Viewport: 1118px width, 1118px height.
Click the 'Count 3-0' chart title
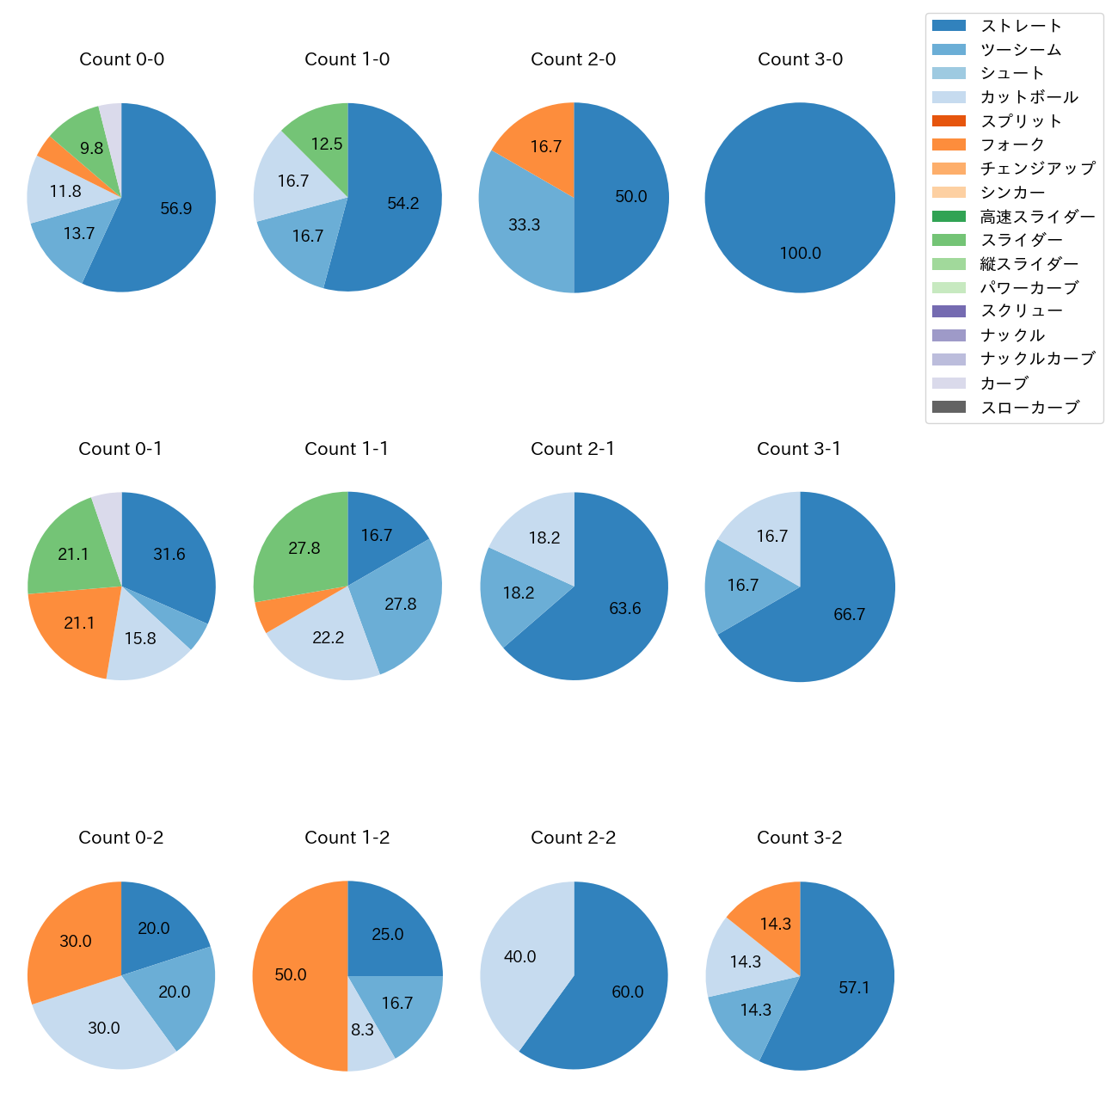pos(800,59)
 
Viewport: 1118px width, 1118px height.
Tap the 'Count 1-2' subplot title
pos(347,838)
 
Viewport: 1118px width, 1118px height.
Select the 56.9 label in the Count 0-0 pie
pos(176,208)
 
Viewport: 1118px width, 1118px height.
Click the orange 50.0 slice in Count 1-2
pos(297,975)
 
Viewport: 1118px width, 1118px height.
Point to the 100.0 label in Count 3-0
pos(800,253)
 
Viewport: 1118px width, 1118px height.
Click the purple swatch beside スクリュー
pos(949,311)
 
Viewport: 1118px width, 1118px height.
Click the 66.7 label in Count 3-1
pos(849,614)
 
